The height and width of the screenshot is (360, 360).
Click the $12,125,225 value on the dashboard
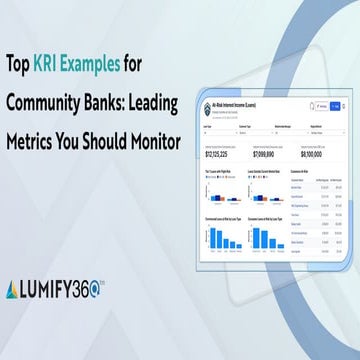coord(218,156)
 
